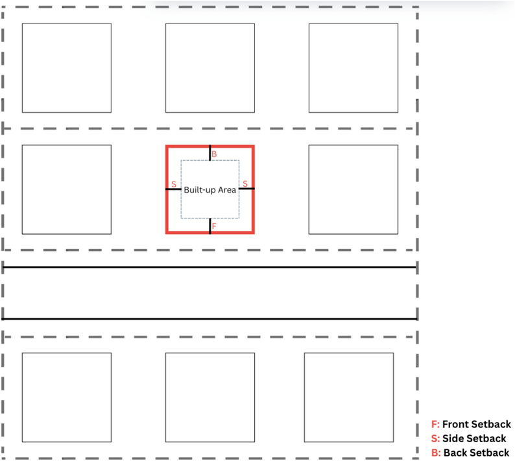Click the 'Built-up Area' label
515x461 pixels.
point(210,190)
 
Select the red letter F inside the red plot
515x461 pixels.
point(214,226)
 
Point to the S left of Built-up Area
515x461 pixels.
point(174,185)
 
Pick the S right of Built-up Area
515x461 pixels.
point(245,184)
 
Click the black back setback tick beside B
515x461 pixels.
point(210,153)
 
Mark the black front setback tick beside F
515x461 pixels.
point(210,226)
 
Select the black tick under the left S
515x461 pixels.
point(174,189)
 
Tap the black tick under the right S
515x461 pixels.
point(246,189)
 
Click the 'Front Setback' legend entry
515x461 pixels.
point(471,425)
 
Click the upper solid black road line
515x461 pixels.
point(209,267)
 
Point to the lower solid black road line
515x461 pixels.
point(209,319)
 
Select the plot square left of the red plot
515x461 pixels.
point(66,189)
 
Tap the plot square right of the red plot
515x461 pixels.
point(353,189)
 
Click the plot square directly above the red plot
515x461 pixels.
point(210,68)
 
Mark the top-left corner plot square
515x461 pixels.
point(66,68)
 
